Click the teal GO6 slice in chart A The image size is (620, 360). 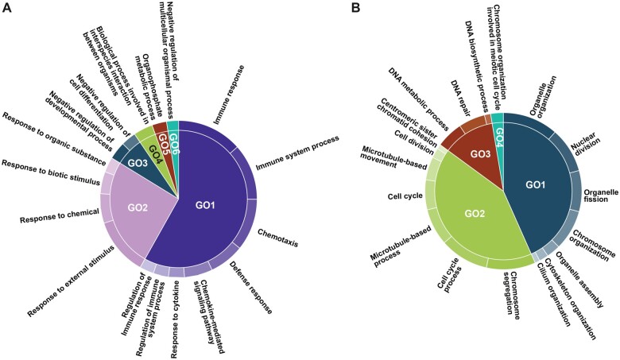pos(172,129)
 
